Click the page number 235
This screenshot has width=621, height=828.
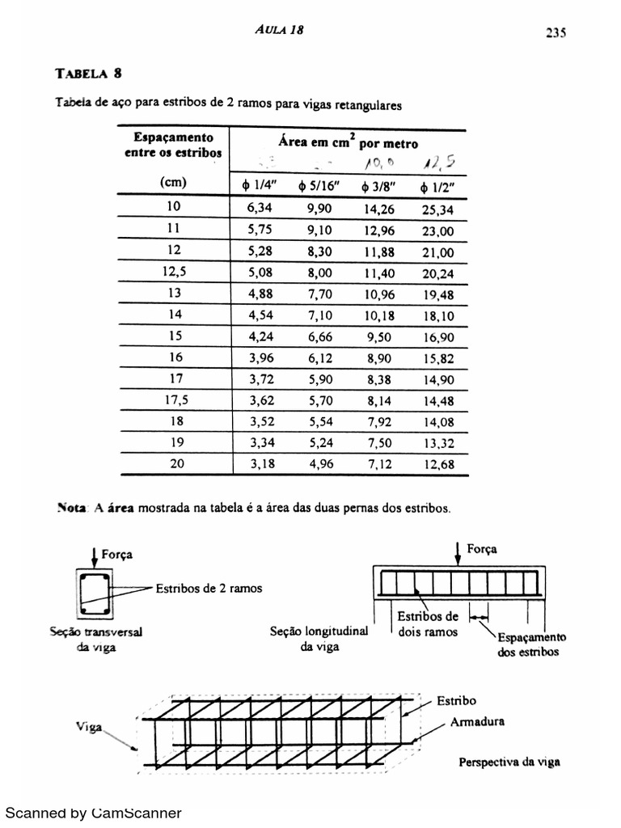(555, 32)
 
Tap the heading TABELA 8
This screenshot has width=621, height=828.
(88, 74)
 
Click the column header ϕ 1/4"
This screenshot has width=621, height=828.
(252, 187)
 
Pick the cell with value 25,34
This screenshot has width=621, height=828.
(437, 209)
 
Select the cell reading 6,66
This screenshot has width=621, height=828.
(311, 336)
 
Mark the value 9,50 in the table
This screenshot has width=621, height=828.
(378, 336)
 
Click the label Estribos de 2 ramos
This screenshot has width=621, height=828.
(209, 589)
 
